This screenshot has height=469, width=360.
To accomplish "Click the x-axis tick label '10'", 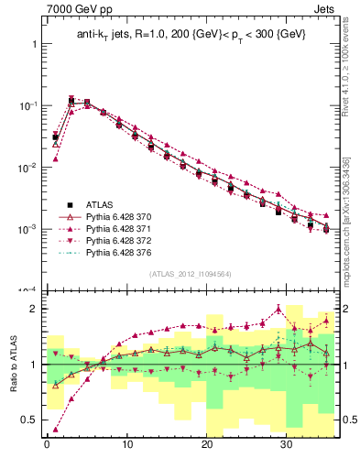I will point(126,446).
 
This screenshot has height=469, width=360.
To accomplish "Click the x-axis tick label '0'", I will point(47,446).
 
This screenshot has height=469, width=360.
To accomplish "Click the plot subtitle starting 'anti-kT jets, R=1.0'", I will point(190,34).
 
